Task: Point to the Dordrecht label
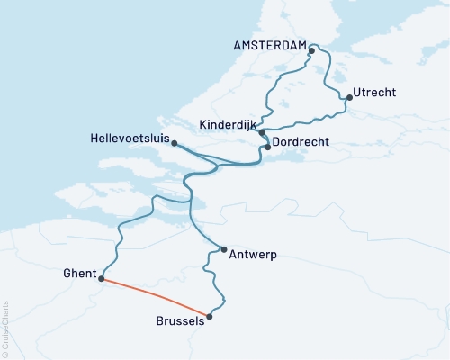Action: pyautogui.click(x=303, y=142)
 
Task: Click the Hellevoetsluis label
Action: pyautogui.click(x=130, y=138)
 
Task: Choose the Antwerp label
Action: pyautogui.click(x=254, y=255)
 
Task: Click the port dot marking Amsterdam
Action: pyautogui.click(x=311, y=50)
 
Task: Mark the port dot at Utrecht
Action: pyautogui.click(x=348, y=97)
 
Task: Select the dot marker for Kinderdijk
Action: pyautogui.click(x=262, y=132)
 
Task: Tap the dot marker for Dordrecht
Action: pyautogui.click(x=267, y=147)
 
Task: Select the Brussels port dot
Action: pyautogui.click(x=210, y=316)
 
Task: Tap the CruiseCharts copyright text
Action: pyautogui.click(x=6, y=328)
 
